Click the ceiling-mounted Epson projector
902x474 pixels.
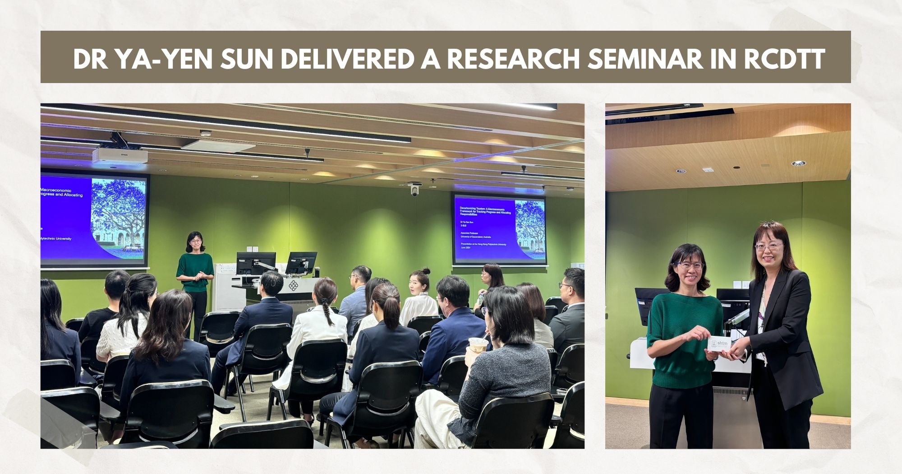pos(120,155)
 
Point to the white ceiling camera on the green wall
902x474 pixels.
pos(414,188)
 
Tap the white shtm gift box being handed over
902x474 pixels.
pos(719,344)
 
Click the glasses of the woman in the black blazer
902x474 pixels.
pos(769,246)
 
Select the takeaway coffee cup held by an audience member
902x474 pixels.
pos(478,344)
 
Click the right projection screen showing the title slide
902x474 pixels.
pos(499,229)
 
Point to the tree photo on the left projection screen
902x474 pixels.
pos(119,217)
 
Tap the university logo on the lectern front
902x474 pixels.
pos(293,285)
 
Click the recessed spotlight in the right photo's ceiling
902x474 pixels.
pos(798,163)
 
